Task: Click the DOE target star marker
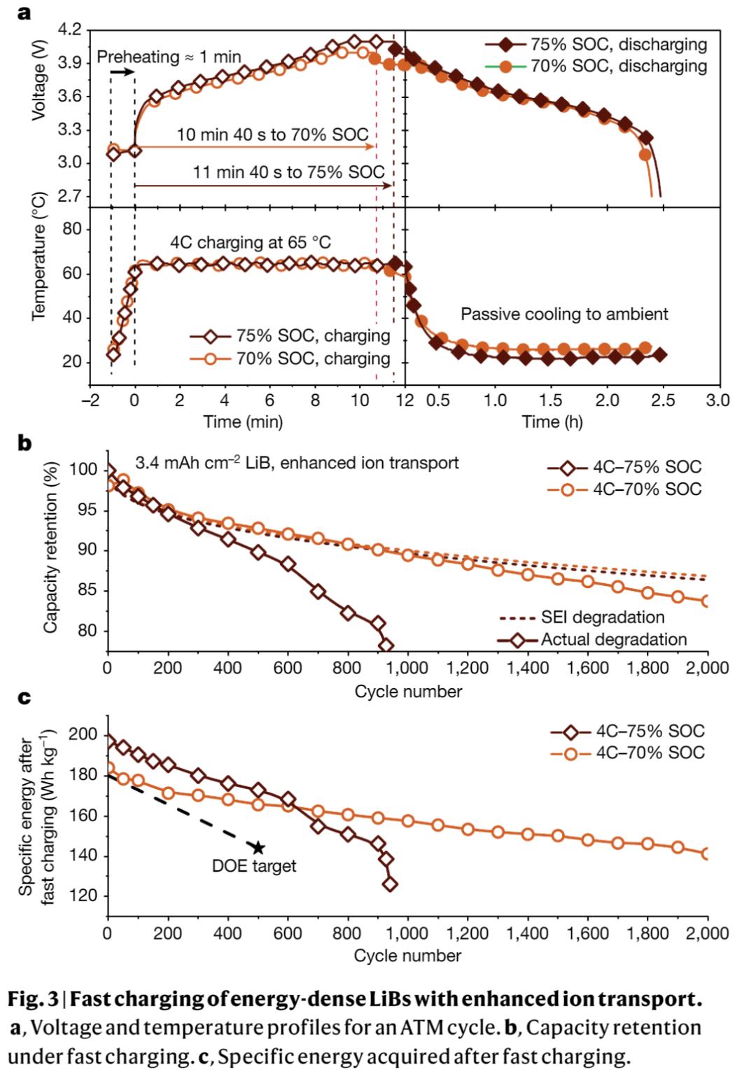coord(258,848)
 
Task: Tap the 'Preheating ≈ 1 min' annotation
coord(169,57)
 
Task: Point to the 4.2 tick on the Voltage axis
coord(70,30)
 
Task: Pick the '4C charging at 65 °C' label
coord(251,242)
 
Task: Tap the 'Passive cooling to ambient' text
coord(564,314)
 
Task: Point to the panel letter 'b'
coord(24,443)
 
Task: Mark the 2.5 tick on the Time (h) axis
coord(662,400)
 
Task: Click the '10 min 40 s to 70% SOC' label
coord(272,134)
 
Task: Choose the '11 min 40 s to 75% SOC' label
coord(288,172)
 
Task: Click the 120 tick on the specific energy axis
coord(82,897)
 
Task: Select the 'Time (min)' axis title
coord(243,421)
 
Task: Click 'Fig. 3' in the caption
coord(34,999)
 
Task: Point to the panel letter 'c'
coord(24,697)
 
